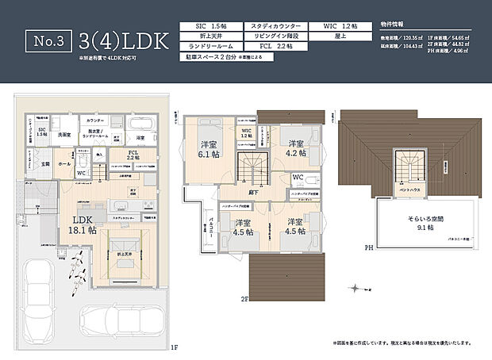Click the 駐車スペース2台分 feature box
(208, 59)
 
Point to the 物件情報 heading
(393, 25)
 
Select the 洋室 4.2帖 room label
(296, 147)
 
